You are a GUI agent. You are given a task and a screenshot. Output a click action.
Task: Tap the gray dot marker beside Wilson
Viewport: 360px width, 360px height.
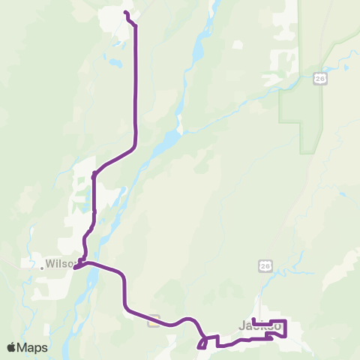(x=41, y=265)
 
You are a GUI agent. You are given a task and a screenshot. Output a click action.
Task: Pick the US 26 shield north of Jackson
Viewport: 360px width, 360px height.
(x=265, y=266)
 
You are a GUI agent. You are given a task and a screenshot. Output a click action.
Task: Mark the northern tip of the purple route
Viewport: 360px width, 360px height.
(x=125, y=13)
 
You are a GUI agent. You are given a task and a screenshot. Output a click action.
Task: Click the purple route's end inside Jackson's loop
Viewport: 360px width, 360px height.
(x=254, y=320)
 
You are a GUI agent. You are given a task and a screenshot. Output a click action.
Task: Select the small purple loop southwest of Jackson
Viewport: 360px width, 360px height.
(x=202, y=344)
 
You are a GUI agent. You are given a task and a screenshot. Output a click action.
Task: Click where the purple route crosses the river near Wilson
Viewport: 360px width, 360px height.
(x=91, y=263)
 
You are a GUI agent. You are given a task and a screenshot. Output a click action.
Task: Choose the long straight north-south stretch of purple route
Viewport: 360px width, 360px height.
(x=136, y=82)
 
